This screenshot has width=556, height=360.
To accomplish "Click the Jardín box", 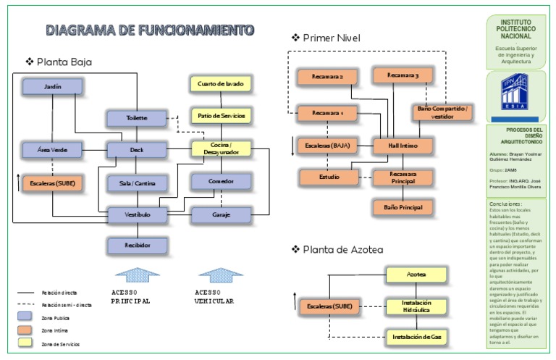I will (53, 87).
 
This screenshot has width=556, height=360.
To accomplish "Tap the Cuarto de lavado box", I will (221, 84).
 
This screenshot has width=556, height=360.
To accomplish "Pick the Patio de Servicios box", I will (221, 115).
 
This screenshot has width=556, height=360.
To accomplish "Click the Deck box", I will (137, 150).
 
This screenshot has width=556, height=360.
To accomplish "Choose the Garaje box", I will (221, 214).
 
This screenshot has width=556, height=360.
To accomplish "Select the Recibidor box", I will (137, 246).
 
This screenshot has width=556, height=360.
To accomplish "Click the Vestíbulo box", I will (137, 214).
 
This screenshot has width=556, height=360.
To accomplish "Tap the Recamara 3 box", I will (403, 75).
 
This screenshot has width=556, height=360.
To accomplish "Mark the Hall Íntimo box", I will (403, 146).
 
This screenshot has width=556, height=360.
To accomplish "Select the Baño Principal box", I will (403, 208).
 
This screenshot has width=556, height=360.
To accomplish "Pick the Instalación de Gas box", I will (416, 337).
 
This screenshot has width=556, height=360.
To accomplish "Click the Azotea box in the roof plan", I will (416, 275).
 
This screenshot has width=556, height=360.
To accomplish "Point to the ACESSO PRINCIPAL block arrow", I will (137, 275).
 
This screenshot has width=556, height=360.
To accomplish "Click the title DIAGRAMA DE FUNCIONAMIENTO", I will (150, 30).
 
